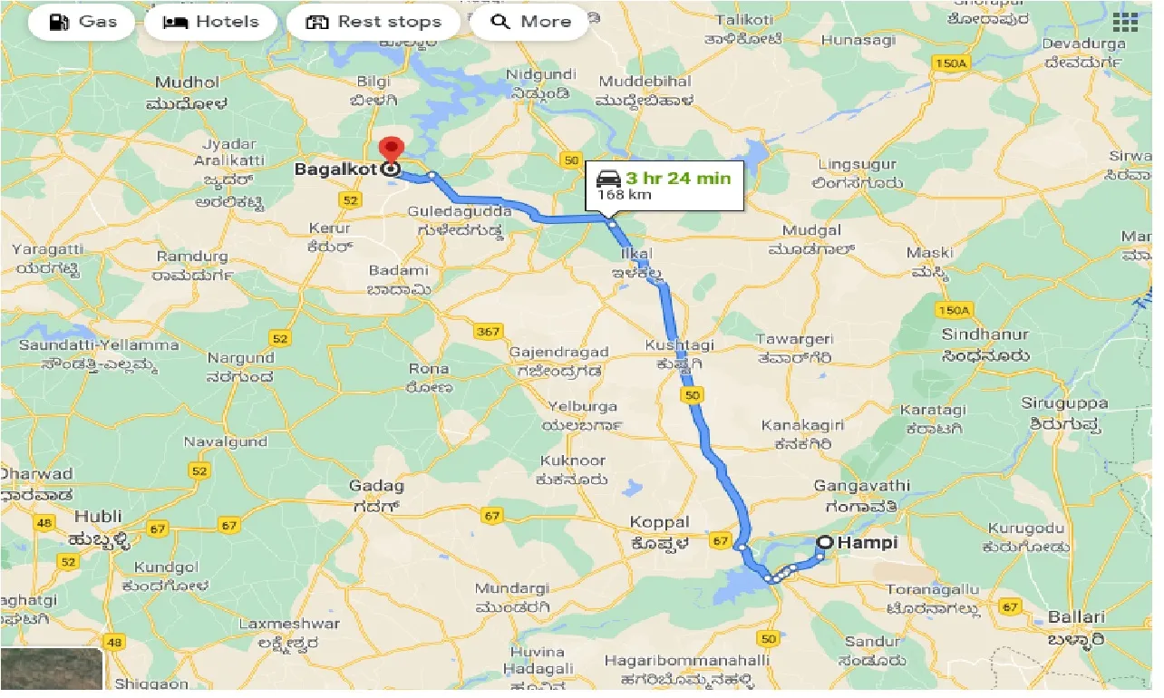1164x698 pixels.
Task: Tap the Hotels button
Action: click(x=210, y=22)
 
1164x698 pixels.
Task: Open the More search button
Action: click(x=529, y=22)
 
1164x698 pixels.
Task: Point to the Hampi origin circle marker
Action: click(x=825, y=543)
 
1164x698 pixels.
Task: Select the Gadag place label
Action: click(x=376, y=487)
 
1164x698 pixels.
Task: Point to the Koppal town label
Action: click(x=659, y=523)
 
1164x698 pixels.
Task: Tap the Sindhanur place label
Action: click(x=985, y=334)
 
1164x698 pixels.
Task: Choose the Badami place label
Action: click(x=398, y=270)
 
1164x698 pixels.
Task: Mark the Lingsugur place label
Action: click(x=857, y=165)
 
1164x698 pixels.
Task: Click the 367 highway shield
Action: click(x=488, y=332)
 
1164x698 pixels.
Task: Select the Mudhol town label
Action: click(x=189, y=82)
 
